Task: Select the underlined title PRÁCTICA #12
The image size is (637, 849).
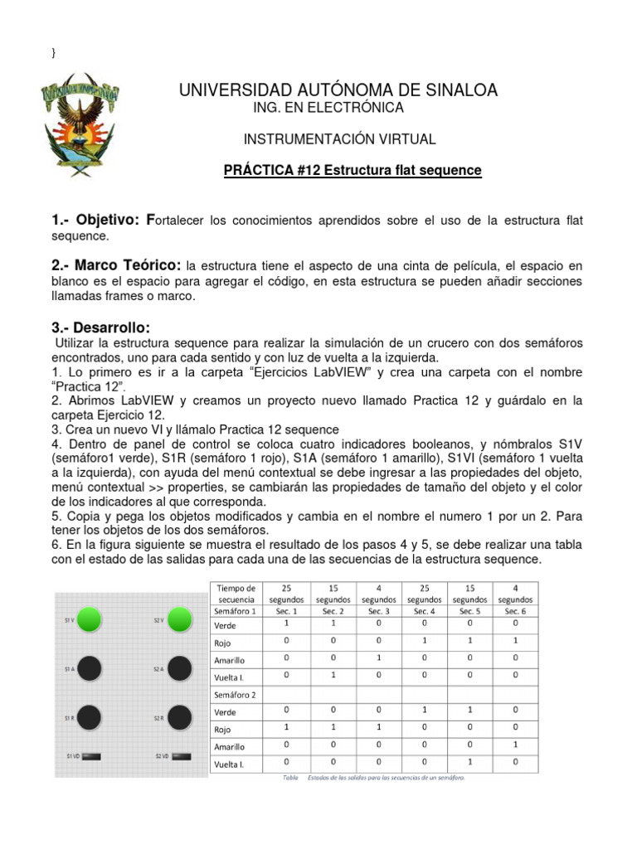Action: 353,170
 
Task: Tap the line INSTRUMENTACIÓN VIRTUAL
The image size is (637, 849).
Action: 339,139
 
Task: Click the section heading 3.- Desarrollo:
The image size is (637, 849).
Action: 100,329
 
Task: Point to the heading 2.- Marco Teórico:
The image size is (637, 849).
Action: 116,265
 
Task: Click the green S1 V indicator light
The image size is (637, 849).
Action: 90,619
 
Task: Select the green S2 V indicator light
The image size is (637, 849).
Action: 179,619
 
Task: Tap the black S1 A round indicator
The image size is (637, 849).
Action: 90,668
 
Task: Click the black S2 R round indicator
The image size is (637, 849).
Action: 179,717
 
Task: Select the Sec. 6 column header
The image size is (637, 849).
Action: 515,611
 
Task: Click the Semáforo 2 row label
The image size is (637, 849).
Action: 236,694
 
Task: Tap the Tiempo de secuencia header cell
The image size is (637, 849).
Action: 236,593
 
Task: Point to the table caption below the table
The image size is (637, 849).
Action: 373,779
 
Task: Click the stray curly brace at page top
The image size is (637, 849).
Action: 54,52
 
